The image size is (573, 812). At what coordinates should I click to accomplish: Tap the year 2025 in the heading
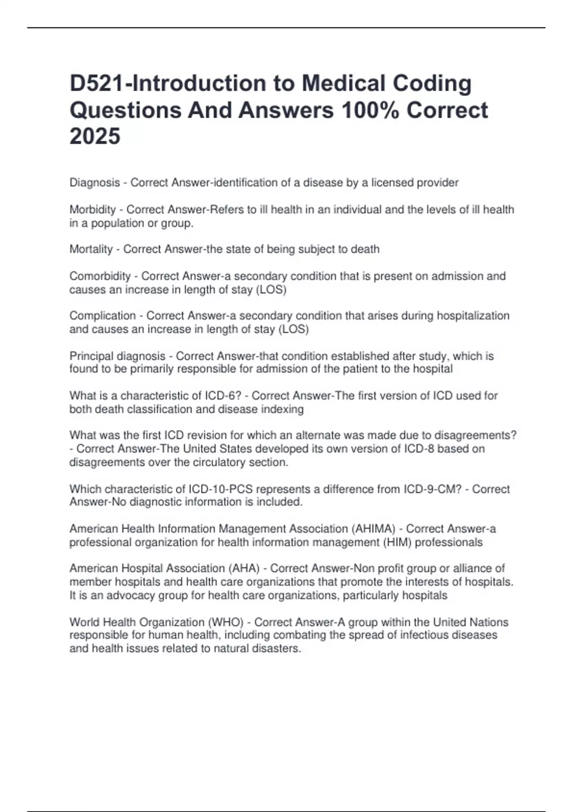point(95,136)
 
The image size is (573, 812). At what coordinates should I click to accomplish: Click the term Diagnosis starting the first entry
point(95,182)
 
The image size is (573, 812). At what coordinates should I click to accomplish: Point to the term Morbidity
point(93,210)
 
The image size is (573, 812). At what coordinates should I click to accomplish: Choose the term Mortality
point(91,249)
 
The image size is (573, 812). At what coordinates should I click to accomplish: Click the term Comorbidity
point(100,276)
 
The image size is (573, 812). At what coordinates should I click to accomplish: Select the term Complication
point(103,316)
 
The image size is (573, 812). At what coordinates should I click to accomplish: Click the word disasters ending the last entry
point(277,649)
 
